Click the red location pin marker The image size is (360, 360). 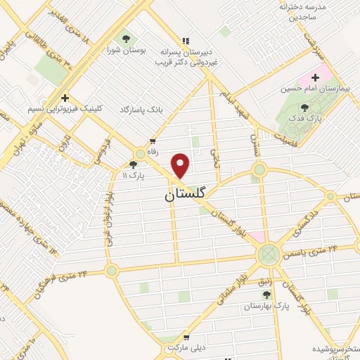point(181,166)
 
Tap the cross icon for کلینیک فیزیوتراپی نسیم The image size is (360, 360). point(65,98)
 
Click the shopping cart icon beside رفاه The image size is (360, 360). point(151,139)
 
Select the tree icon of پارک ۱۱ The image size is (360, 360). point(133,163)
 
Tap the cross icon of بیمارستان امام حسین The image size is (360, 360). point(316,76)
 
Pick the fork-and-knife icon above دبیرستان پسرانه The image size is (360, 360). point(186,39)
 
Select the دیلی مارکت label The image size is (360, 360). point(184,348)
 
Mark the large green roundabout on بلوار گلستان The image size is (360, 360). point(268,254)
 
